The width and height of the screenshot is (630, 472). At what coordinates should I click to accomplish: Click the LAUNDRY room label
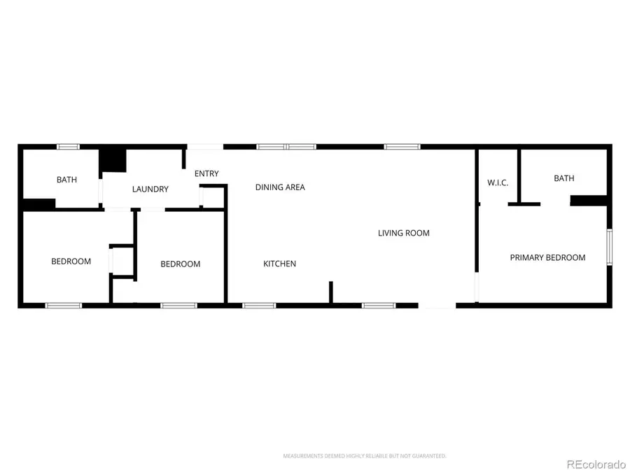[150, 189]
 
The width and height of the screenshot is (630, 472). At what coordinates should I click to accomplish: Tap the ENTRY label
[206, 173]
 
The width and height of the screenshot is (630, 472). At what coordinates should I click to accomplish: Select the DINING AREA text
[280, 187]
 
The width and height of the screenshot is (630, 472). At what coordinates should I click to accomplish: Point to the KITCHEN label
[279, 264]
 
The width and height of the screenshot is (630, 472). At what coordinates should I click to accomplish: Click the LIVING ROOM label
[403, 233]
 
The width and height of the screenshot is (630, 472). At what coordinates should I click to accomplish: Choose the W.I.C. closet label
[497, 183]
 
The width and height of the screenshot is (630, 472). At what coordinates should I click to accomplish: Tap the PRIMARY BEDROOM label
[547, 257]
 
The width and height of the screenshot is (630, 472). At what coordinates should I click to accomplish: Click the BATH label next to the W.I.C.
[563, 178]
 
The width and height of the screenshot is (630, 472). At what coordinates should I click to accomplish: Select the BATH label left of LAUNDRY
[66, 180]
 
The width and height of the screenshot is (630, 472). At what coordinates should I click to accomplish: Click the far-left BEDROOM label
[71, 262]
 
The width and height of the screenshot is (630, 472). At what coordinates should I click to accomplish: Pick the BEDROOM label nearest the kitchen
[180, 264]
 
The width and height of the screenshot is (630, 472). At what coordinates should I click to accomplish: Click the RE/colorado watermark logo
[596, 463]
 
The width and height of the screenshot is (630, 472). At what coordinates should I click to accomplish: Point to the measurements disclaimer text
[364, 456]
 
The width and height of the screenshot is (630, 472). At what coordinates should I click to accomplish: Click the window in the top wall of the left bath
[68, 147]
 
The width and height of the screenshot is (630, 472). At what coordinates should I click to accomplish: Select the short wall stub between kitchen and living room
[330, 292]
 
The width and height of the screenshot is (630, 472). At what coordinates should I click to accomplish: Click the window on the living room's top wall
[402, 147]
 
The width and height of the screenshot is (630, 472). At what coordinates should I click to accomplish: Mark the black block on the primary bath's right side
[588, 201]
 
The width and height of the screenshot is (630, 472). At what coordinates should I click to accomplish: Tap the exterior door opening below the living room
[437, 306]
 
